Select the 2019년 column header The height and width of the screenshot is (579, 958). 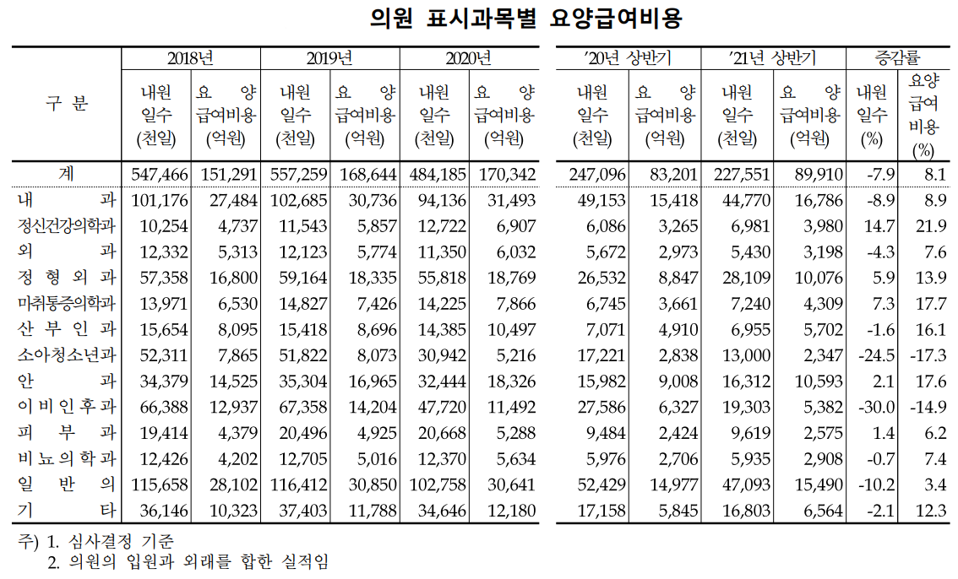[x=329, y=58]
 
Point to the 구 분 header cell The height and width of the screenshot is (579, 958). [x=67, y=104]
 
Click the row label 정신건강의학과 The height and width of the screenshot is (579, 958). [x=67, y=225]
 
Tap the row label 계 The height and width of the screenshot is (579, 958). [x=67, y=173]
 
